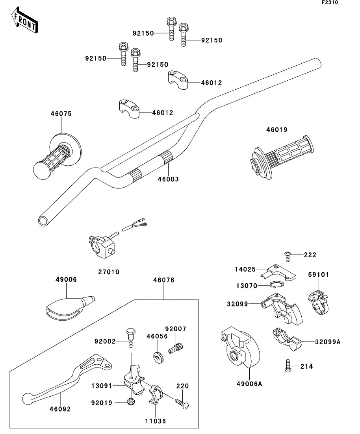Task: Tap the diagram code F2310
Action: [330, 3]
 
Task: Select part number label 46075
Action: [61, 114]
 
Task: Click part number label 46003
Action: [168, 179]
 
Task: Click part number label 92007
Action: [175, 329]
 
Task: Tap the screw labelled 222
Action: [287, 256]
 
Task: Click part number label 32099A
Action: [327, 342]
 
